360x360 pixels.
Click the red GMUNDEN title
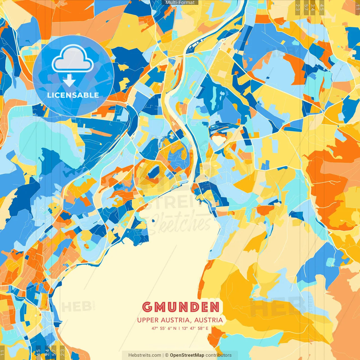coord(181,307)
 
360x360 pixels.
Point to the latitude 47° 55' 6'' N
coord(164,328)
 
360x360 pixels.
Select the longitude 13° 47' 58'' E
coord(195,328)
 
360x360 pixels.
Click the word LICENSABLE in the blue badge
coord(73,95)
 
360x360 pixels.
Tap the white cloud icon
coord(73,60)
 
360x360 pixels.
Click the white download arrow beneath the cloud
coord(69,82)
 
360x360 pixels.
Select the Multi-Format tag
coord(180,3)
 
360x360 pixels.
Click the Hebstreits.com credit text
coord(145,355)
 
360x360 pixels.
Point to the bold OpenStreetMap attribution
coord(187,355)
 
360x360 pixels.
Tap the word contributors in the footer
coord(219,355)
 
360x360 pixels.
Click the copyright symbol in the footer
coord(166,355)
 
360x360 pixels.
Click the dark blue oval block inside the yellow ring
coord(154,172)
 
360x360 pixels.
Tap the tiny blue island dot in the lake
coord(154,221)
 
